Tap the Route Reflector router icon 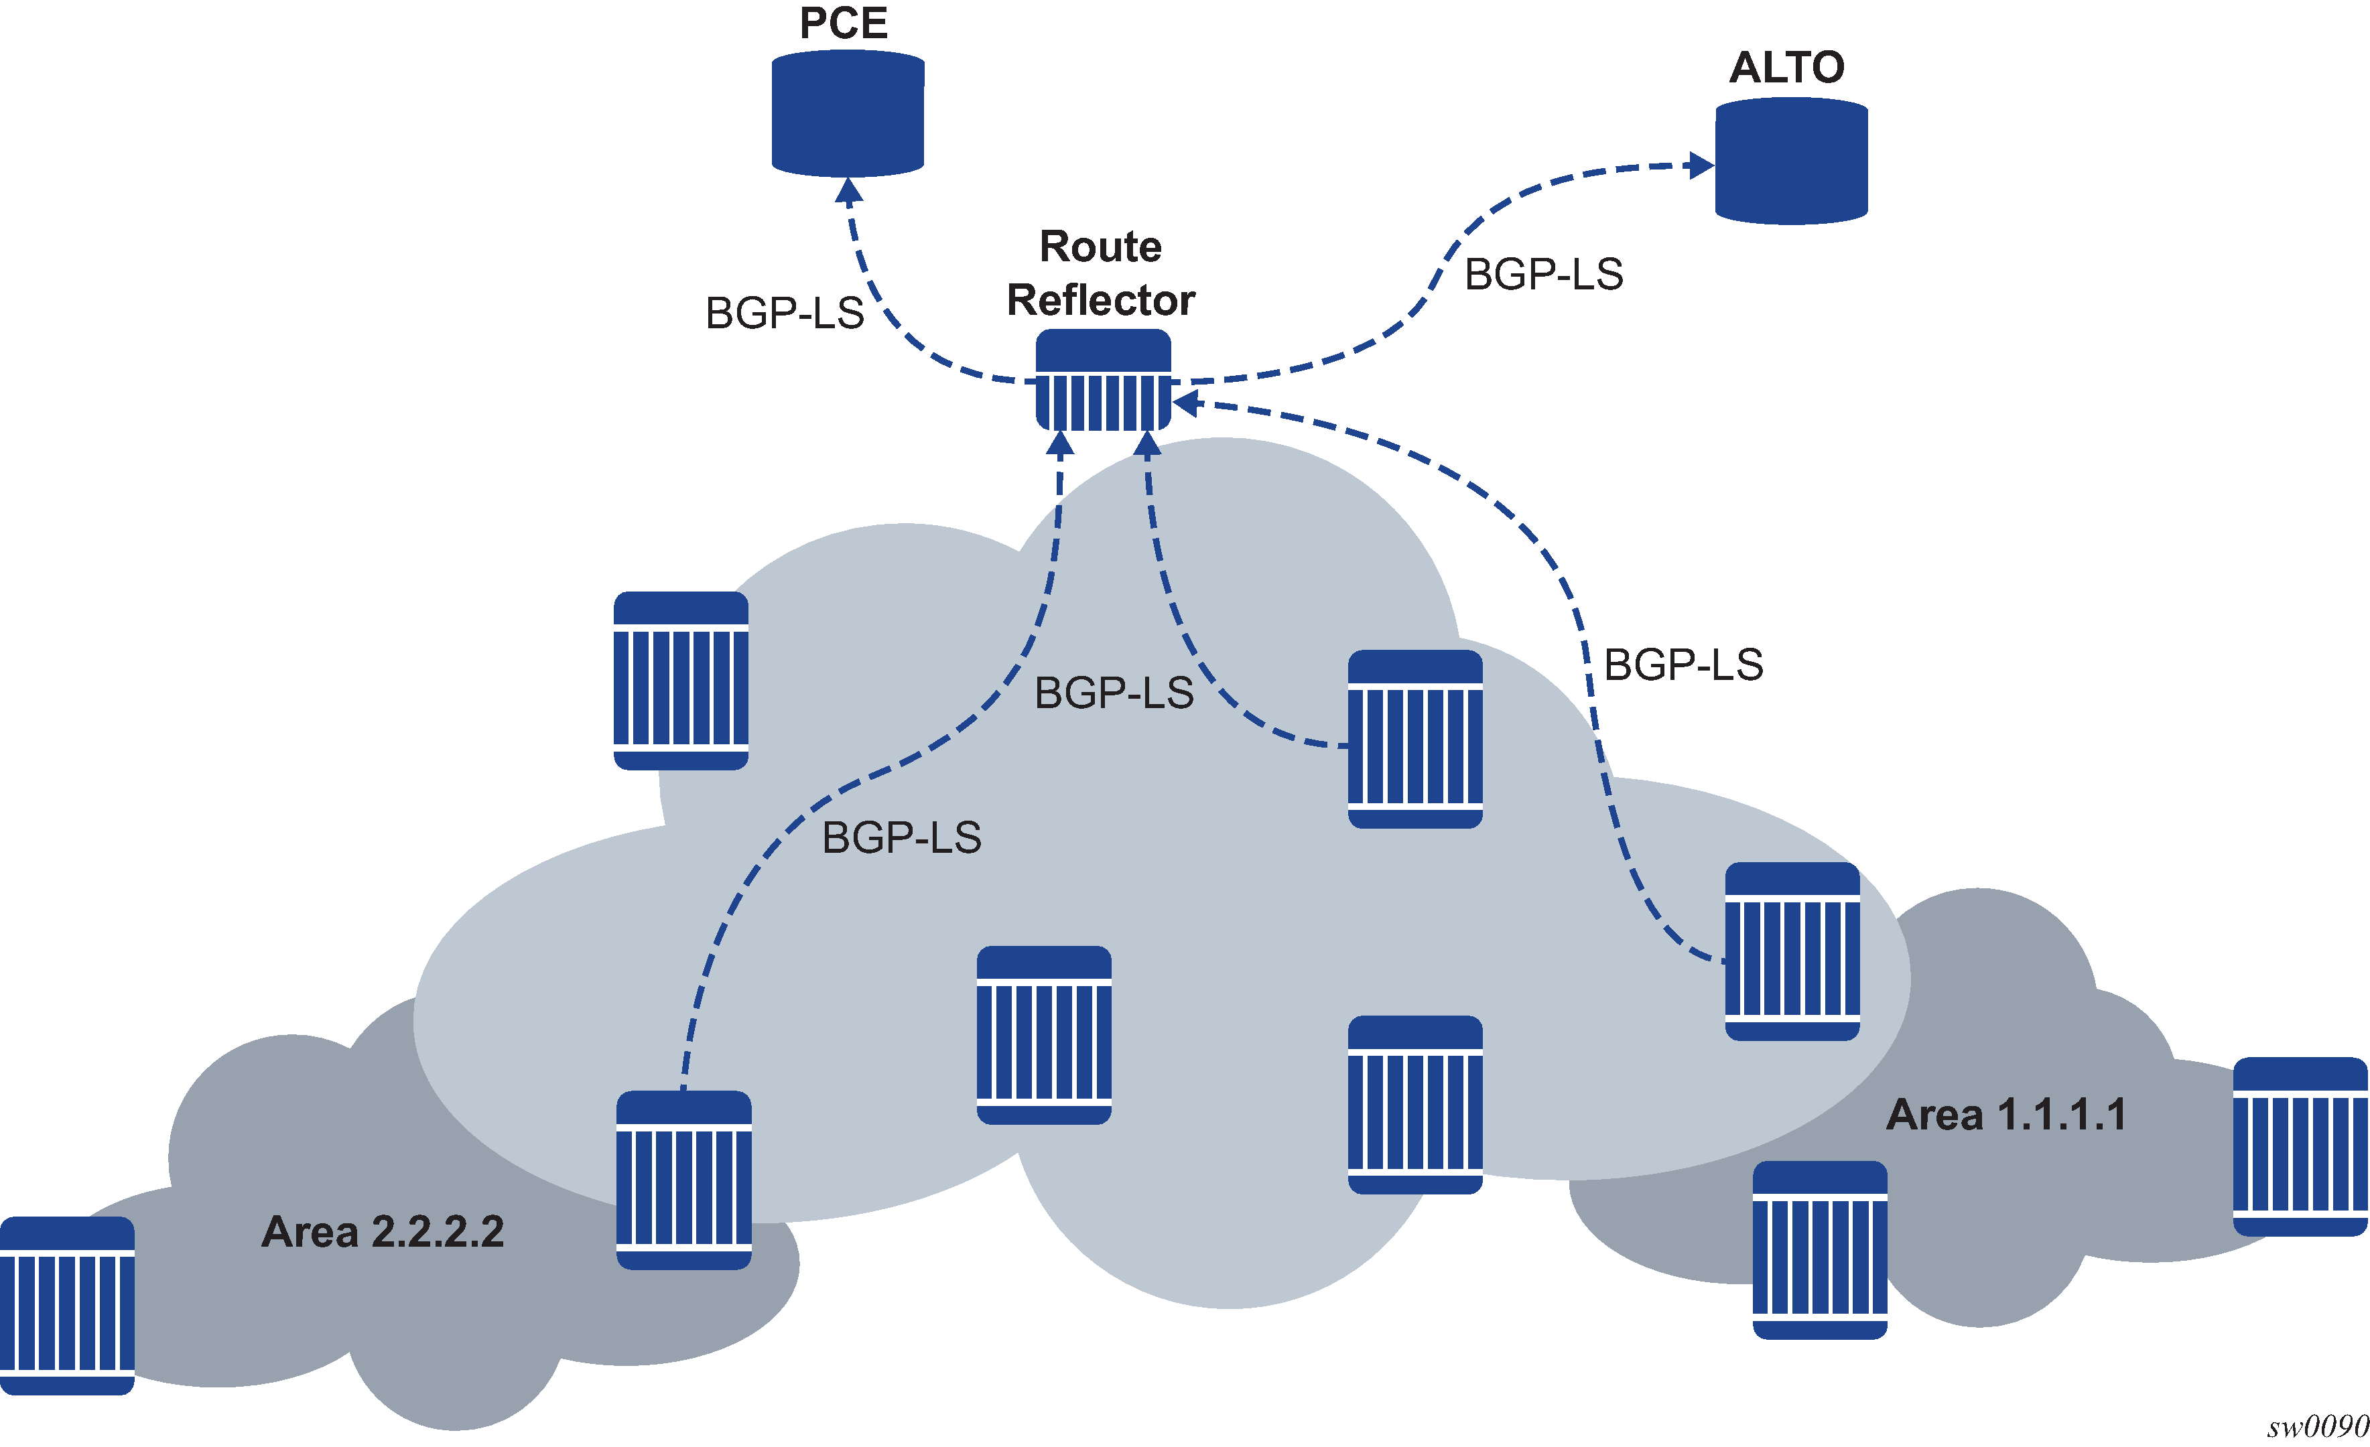[1102, 381]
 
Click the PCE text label [844, 23]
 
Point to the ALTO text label [1786, 67]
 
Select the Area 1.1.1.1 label [2005, 1114]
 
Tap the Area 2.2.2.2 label [382, 1232]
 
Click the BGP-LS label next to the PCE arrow [784, 314]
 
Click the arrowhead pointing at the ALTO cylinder [1701, 166]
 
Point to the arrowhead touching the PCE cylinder [848, 190]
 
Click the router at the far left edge [66, 1305]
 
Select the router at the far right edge [2299, 1146]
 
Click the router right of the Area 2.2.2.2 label [683, 1180]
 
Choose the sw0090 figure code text [2316, 1427]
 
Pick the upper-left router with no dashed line [680, 681]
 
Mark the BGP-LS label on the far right [1683, 665]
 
